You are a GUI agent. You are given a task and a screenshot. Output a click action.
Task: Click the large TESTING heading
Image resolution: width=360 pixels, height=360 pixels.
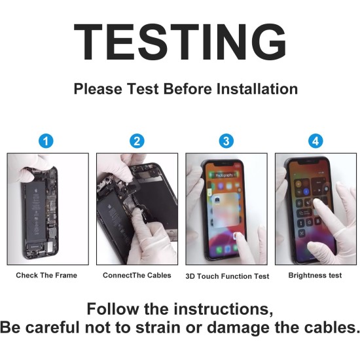(180, 42)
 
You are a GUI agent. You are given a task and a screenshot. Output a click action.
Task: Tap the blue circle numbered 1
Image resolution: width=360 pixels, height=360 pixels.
(46, 141)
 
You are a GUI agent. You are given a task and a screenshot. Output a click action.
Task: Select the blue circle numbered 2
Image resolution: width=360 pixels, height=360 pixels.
(137, 141)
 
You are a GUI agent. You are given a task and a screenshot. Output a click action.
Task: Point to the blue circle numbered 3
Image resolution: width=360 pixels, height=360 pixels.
(226, 141)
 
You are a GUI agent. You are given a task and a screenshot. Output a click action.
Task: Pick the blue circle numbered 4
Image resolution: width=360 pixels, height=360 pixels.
(315, 141)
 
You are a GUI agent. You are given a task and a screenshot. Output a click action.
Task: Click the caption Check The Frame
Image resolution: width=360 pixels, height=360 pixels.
(46, 275)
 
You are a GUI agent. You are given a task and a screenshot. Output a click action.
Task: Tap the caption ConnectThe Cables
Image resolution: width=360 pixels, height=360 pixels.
(137, 275)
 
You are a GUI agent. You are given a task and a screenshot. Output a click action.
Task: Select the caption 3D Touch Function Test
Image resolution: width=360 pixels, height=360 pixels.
(227, 276)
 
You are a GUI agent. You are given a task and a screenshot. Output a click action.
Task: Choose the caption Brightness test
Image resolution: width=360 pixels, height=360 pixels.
(315, 275)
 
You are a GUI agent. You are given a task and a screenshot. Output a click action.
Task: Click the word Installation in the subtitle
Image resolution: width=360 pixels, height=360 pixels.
(257, 89)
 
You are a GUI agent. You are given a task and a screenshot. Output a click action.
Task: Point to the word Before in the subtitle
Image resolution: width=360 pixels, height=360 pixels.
(187, 89)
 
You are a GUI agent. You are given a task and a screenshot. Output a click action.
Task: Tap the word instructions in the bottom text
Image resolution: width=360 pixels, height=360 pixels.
(223, 309)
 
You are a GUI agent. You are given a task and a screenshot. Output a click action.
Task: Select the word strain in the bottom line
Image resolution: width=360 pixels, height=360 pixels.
(158, 327)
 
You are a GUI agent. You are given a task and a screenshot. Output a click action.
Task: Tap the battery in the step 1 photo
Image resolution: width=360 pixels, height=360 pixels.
(35, 211)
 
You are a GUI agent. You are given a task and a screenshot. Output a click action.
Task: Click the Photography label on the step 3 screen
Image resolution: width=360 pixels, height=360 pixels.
(225, 175)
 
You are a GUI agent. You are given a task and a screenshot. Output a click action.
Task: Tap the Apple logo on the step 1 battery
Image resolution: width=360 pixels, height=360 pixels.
(35, 190)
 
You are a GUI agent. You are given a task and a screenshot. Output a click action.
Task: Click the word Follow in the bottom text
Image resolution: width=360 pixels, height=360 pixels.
(113, 309)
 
